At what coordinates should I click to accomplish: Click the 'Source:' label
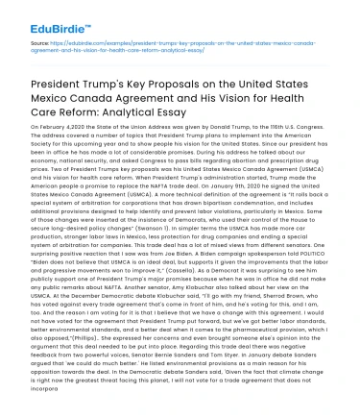(40, 44)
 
